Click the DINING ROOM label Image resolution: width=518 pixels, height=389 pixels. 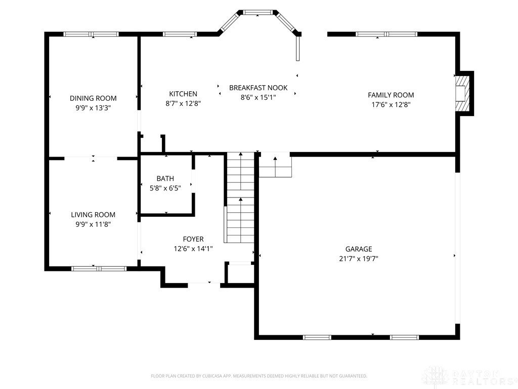pyautogui.click(x=93, y=98)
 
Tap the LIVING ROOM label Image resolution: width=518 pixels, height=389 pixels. pyautogui.click(x=93, y=215)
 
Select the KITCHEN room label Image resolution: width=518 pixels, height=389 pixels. pyautogui.click(x=183, y=94)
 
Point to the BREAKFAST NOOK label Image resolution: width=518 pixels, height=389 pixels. pyautogui.click(x=258, y=88)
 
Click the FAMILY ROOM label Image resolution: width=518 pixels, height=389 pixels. pyautogui.click(x=391, y=95)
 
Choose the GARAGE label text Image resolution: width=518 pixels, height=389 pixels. pyautogui.click(x=359, y=249)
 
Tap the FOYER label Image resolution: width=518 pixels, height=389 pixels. pyautogui.click(x=193, y=239)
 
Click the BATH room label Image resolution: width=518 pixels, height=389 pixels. pyautogui.click(x=165, y=178)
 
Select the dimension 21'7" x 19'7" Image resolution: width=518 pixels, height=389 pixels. pyautogui.click(x=359, y=258)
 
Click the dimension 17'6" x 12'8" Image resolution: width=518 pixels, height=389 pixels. pyautogui.click(x=391, y=105)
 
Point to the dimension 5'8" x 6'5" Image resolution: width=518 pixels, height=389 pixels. pyautogui.click(x=165, y=188)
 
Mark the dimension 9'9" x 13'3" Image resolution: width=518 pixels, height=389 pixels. pyautogui.click(x=93, y=108)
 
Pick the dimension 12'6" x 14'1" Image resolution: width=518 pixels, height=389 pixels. pyautogui.click(x=193, y=249)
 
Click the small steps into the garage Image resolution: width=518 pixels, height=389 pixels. pyautogui.click(x=275, y=166)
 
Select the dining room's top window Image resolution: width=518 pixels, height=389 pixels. pyautogui.click(x=91, y=34)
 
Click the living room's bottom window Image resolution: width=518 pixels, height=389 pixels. pyautogui.click(x=99, y=268)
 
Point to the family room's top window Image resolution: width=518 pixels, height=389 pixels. pyautogui.click(x=386, y=34)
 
